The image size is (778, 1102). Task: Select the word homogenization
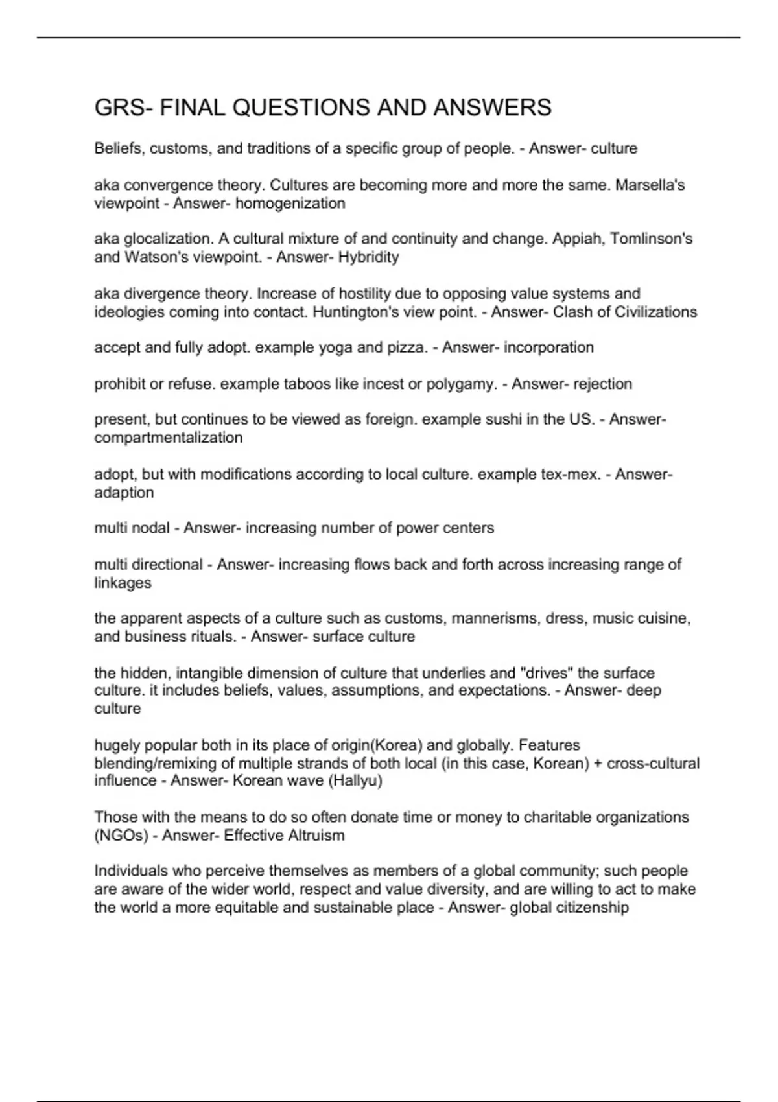pos(290,204)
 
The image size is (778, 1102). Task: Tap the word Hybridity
pos(368,257)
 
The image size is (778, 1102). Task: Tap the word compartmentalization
pos(169,438)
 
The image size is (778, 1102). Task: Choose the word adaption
pos(124,493)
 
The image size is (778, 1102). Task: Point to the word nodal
pos(150,528)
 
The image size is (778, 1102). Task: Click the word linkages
pos(123,583)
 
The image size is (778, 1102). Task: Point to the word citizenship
pos(589,907)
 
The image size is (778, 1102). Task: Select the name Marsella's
pos(650,185)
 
